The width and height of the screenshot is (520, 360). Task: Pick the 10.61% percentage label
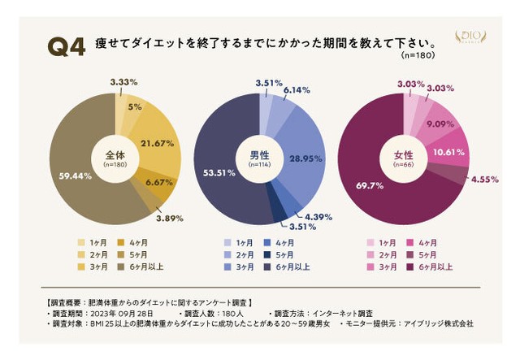click(449, 151)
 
